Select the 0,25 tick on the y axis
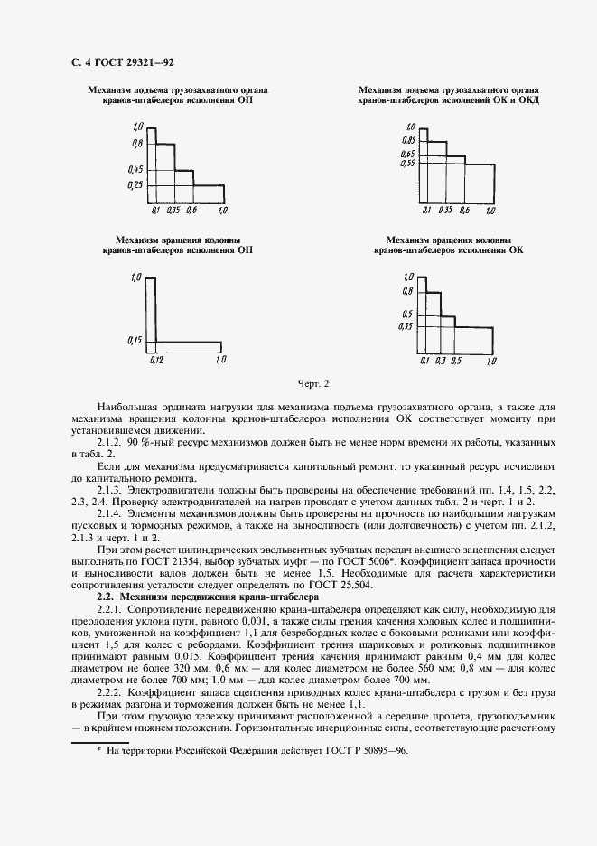135,185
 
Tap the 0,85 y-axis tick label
407,141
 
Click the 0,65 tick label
407,155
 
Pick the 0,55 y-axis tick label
407,164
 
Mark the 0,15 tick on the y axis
135,340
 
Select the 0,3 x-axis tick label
441,362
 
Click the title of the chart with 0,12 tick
177,244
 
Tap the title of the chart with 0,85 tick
448,96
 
